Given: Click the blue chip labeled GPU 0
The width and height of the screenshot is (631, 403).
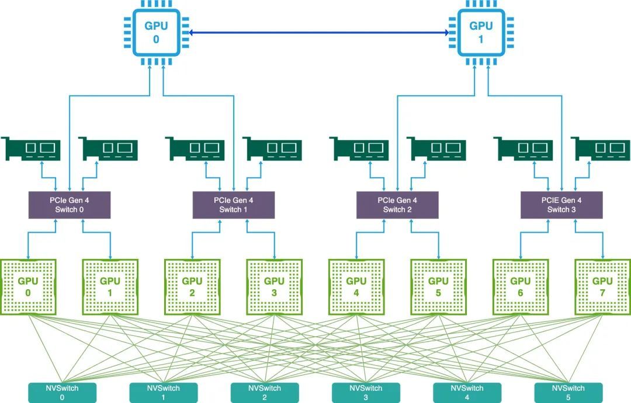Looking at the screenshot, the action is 156,33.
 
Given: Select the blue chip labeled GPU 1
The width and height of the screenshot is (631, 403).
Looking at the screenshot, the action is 481,33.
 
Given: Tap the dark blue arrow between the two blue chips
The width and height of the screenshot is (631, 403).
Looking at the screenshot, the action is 319,33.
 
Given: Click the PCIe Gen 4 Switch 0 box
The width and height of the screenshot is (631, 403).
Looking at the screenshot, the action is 70,205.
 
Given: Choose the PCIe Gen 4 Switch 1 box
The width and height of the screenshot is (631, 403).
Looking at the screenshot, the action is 233,205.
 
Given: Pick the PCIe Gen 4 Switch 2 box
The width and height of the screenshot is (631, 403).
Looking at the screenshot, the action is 397,205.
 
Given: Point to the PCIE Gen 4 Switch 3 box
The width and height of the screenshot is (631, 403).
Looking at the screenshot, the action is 561,205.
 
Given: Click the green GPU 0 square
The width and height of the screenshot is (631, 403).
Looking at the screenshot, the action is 28,287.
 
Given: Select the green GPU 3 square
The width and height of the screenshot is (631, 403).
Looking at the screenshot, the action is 274,287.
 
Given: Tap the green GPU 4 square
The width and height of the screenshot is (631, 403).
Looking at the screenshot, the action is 356,287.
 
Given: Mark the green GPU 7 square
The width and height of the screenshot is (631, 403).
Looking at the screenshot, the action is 602,287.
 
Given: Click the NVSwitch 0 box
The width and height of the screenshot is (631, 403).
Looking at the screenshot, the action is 62,393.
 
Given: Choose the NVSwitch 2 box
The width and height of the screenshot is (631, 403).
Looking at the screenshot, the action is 265,393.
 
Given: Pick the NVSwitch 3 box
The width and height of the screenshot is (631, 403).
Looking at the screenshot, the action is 366,393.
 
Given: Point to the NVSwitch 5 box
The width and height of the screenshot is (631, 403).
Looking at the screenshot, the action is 568,393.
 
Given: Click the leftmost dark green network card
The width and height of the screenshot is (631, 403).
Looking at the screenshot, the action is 32,149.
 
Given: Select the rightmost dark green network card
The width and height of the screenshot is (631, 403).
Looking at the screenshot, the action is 601,149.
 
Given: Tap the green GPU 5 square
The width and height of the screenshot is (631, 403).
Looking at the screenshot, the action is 438,287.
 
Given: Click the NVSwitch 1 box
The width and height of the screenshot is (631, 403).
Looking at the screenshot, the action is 164,393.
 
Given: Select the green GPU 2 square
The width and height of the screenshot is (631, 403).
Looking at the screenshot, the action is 192,287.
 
